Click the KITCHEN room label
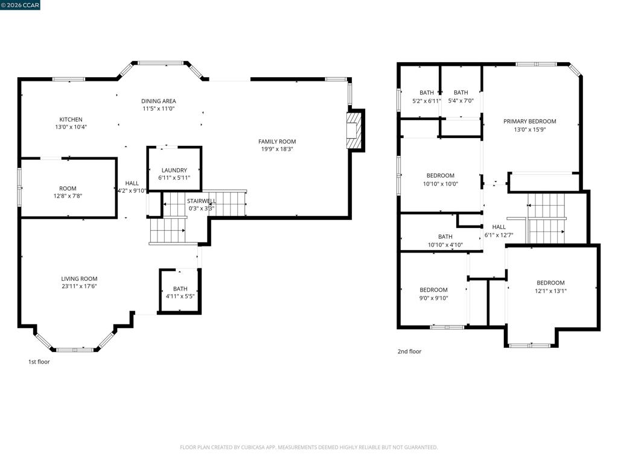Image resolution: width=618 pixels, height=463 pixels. pyautogui.click(x=71, y=119)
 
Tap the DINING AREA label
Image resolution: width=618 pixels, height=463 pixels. pyautogui.click(x=159, y=101)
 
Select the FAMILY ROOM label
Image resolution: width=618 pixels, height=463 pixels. pyautogui.click(x=277, y=141)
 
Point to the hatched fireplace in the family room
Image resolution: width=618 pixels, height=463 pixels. pyautogui.click(x=354, y=131)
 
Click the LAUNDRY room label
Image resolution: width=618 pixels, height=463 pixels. pyautogui.click(x=174, y=170)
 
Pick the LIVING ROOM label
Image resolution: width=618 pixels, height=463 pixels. pyautogui.click(x=79, y=279)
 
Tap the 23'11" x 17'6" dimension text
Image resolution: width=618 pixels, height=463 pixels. pyautogui.click(x=79, y=286)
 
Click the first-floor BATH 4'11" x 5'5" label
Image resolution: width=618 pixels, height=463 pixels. pyautogui.click(x=180, y=292)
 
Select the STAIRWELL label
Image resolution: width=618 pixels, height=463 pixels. pyautogui.click(x=202, y=201)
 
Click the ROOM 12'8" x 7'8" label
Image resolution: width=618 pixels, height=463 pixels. pyautogui.click(x=68, y=192)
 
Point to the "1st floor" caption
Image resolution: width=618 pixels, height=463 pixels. pyautogui.click(x=39, y=362)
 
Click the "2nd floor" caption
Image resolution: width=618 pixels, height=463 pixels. pyautogui.click(x=410, y=351)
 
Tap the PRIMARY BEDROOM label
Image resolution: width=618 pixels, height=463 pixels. pyautogui.click(x=530, y=121)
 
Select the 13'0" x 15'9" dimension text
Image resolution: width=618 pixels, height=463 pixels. pyautogui.click(x=530, y=129)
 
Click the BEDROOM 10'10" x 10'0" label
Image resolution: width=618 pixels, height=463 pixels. pyautogui.click(x=440, y=180)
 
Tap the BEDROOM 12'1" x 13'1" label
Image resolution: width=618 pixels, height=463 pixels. pyautogui.click(x=550, y=287)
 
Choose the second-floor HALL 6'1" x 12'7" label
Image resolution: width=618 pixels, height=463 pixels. pyautogui.click(x=499, y=231)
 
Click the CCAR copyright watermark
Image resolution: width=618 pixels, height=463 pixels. pyautogui.click(x=20, y=5)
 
